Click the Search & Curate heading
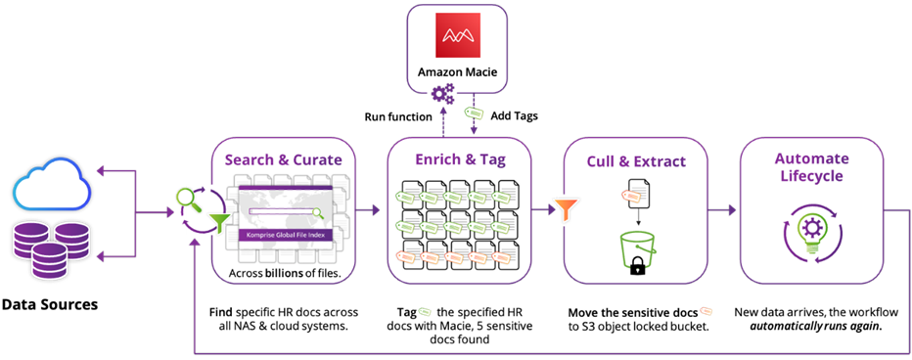tap(285, 159)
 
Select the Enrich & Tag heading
tap(459, 159)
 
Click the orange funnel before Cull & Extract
tap(566, 208)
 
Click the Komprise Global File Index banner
tap(285, 235)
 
